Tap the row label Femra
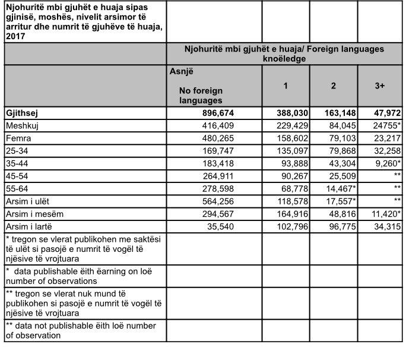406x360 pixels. (17, 138)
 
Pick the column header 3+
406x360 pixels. (380, 86)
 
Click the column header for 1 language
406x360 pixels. (286, 86)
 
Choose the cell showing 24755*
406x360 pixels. (385, 125)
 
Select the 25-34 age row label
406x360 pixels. (16, 150)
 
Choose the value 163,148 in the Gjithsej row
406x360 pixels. (335, 112)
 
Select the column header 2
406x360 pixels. (334, 86)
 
